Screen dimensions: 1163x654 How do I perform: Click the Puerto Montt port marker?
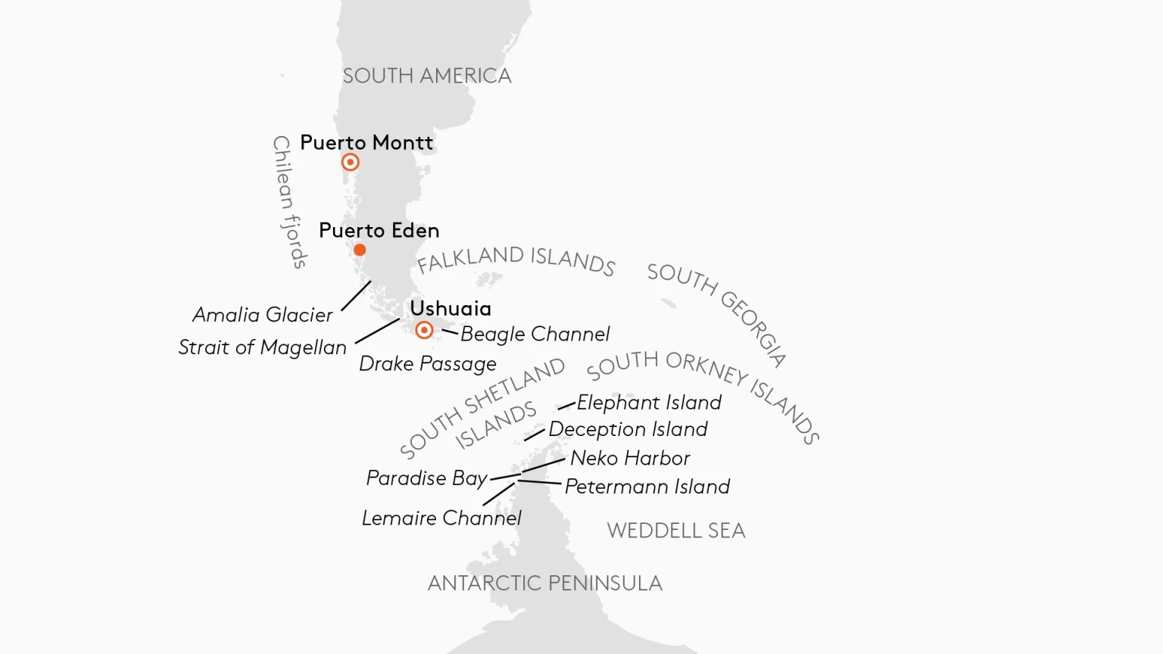pos(350,162)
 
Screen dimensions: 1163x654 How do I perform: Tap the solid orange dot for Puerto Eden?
pos(360,250)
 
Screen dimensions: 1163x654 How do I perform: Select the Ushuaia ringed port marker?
pos(424,330)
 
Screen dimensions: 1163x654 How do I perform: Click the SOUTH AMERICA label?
pos(427,76)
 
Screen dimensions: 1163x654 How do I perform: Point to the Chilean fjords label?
pos(289,202)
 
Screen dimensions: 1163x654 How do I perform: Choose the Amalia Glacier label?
pos(262,315)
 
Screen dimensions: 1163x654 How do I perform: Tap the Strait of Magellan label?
pos(262,347)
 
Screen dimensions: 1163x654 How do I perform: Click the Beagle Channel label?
pos(535,334)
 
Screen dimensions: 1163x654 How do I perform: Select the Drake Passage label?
pos(427,364)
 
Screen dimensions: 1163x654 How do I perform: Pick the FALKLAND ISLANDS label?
pos(516,260)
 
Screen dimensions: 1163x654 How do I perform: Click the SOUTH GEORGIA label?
pos(717,313)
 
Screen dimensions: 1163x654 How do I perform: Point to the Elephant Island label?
pos(649,403)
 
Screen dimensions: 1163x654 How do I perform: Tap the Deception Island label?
pos(628,429)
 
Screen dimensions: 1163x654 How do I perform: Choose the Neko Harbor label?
pos(630,458)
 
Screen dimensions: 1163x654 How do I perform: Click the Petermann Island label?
pos(647,487)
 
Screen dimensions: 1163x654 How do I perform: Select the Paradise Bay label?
pos(426,478)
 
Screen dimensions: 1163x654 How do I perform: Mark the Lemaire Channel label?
pos(441,519)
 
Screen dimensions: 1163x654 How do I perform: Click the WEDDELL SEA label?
pos(676,531)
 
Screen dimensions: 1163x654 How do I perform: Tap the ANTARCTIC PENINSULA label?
pos(544,583)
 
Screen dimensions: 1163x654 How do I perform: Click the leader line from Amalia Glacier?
pos(356,296)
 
